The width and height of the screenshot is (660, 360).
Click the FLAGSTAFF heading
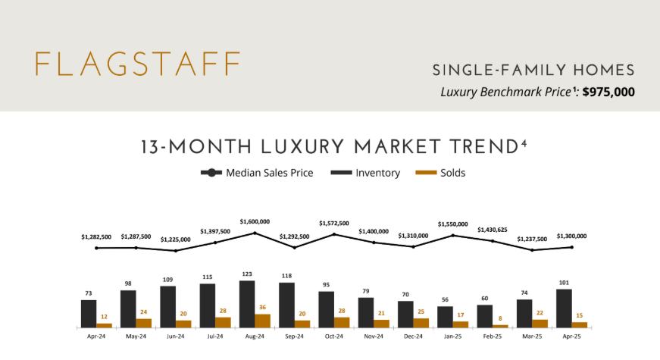[x=138, y=64]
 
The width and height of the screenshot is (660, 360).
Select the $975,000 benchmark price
[x=608, y=92]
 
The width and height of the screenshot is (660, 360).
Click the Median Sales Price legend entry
[x=257, y=173]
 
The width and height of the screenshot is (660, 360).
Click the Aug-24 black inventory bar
[x=247, y=304]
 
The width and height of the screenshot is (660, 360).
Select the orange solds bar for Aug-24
[x=262, y=321]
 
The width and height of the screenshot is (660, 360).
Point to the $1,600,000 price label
[x=255, y=221]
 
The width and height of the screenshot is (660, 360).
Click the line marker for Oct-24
[x=334, y=234]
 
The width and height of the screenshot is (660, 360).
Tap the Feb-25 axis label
[x=493, y=336]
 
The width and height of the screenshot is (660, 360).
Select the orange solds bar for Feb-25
[x=500, y=326]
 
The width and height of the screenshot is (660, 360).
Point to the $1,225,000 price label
[x=176, y=239]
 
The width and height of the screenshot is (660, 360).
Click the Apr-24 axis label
[x=96, y=336]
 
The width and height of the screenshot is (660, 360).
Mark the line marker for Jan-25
[x=453, y=236]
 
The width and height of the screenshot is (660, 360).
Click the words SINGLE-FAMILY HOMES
[x=533, y=70]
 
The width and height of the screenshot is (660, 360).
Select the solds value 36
[x=263, y=308]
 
